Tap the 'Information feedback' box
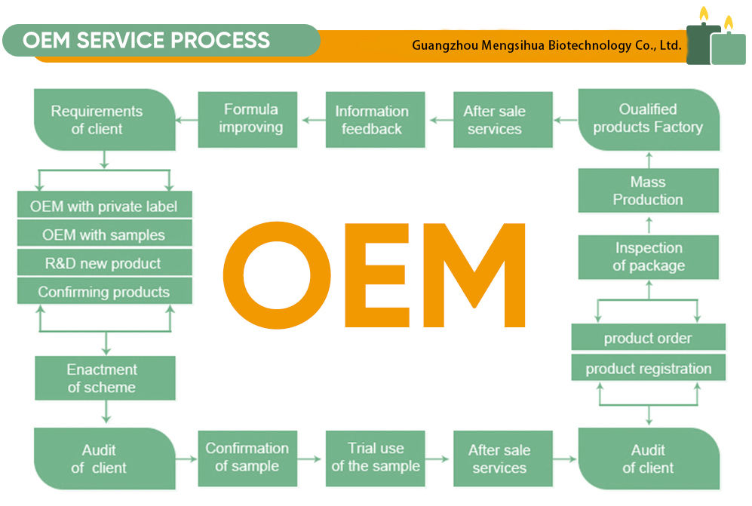pyautogui.click(x=372, y=120)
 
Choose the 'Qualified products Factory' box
pyautogui.click(x=648, y=119)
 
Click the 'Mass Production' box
pyautogui.click(x=648, y=191)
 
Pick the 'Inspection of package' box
pyautogui.click(x=648, y=257)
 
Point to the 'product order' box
pyautogui.click(x=648, y=338)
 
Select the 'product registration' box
pyautogui.click(x=648, y=369)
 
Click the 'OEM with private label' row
pyautogui.click(x=104, y=206)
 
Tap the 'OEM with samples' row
pyautogui.click(x=104, y=235)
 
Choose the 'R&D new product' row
pyautogui.click(x=104, y=263)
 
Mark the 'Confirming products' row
pyautogui.click(x=104, y=292)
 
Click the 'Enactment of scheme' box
pyautogui.click(x=104, y=379)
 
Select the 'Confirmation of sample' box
pyautogui.click(x=247, y=457)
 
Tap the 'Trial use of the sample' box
pyautogui.click(x=376, y=457)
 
